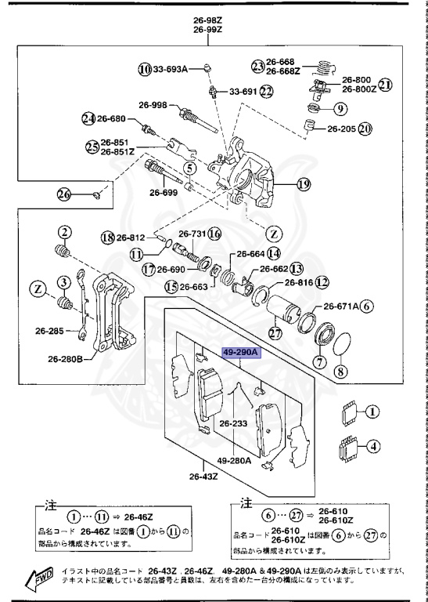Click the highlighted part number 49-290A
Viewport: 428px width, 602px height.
[240, 354]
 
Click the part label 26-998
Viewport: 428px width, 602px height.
[154, 104]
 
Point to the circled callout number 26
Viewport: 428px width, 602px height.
[64, 194]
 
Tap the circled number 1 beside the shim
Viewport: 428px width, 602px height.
[373, 410]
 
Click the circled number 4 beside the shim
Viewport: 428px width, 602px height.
[373, 448]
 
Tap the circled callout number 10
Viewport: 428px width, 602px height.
[144, 69]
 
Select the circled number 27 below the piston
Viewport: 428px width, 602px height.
[274, 332]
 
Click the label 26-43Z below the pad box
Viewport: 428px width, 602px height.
[203, 475]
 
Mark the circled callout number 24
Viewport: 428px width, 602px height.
[88, 119]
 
